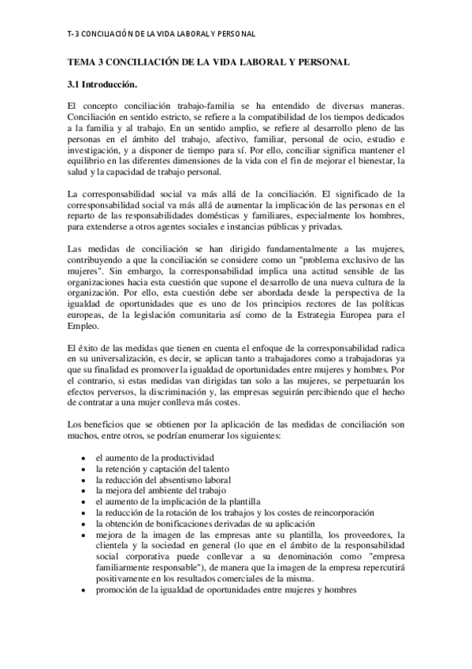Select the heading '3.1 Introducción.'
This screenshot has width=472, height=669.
pyautogui.click(x=103, y=84)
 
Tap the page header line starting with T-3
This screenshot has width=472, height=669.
pyautogui.click(x=161, y=35)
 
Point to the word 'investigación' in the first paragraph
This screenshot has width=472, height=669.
pyautogui.click(x=93, y=151)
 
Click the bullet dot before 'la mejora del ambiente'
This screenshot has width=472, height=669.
pyautogui.click(x=84, y=491)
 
